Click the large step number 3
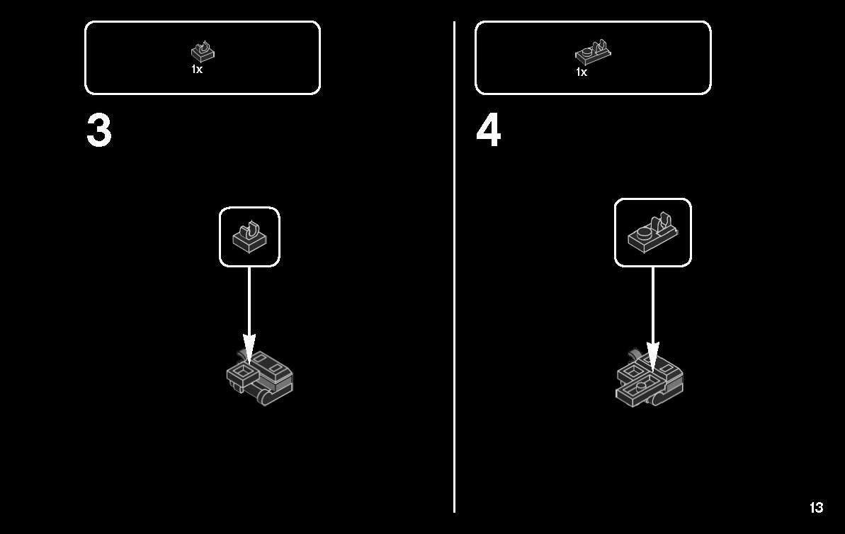point(99,130)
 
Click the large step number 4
point(489,130)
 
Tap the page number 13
point(816,508)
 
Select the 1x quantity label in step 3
point(197,69)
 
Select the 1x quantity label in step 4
point(582,72)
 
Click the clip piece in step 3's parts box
point(203,52)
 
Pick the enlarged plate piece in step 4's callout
point(652,233)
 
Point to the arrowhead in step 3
point(249,347)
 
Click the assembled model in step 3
point(260,378)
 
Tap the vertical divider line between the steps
point(454,267)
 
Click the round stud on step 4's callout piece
point(643,234)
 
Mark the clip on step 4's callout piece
point(662,222)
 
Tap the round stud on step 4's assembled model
point(641,386)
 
